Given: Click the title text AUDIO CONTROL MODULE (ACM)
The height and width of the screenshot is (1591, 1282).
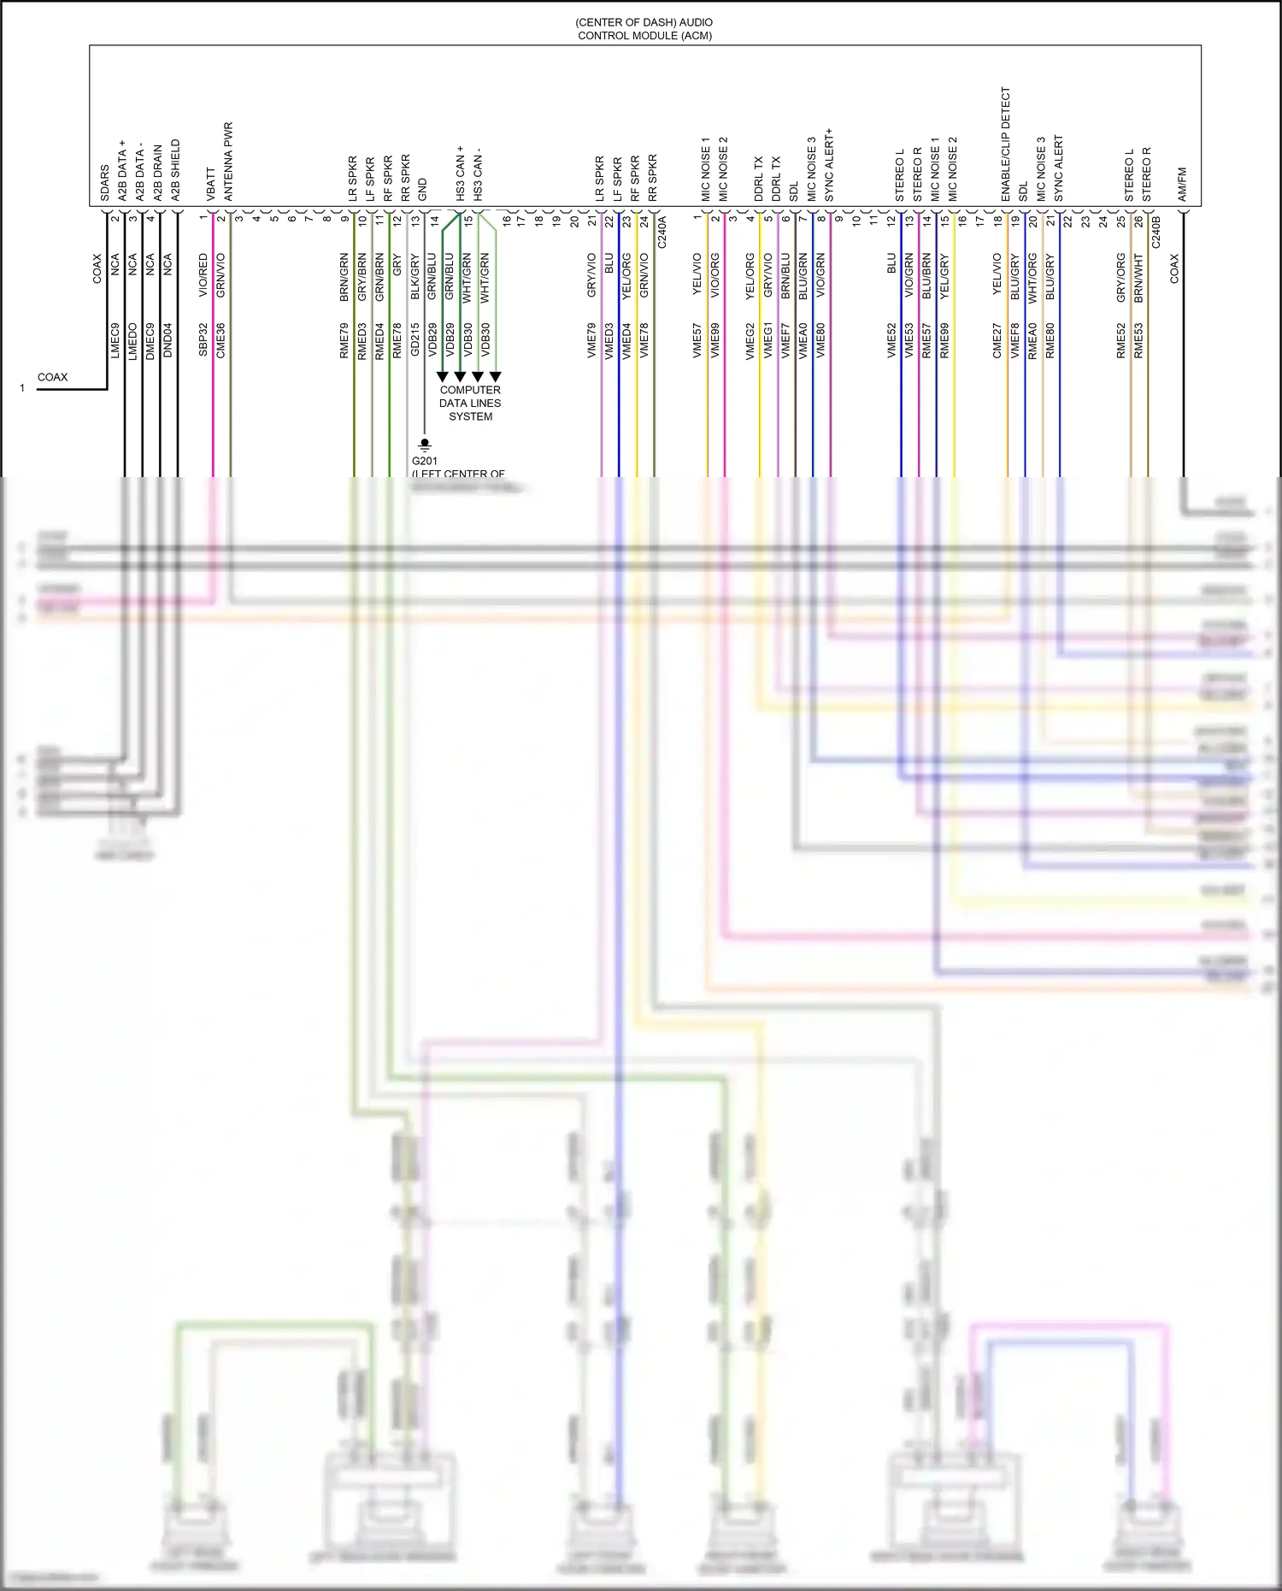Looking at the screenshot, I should click(x=644, y=29).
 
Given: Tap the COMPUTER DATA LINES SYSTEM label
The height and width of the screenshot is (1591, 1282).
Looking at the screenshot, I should click(x=470, y=403).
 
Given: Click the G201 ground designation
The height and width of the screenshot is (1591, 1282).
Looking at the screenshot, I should click(x=425, y=461).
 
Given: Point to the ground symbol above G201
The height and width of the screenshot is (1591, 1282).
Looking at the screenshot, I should click(x=425, y=445).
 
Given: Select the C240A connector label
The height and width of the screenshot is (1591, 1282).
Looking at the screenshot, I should click(x=662, y=232).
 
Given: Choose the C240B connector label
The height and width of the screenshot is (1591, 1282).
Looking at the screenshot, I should click(x=1156, y=232).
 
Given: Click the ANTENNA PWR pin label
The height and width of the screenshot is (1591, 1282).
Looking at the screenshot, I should click(x=228, y=162).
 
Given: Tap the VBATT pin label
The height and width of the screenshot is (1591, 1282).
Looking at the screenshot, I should click(x=211, y=184).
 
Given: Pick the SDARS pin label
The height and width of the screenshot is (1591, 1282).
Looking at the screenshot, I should click(x=105, y=183).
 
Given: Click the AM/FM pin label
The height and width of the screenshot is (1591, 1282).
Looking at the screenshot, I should click(x=1183, y=185).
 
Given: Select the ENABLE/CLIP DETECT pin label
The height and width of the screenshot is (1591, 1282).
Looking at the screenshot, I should click(x=1006, y=144).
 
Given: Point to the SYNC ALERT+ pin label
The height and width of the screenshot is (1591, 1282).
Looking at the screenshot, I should click(x=829, y=165).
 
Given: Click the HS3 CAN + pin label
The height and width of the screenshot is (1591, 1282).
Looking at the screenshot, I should click(x=460, y=173).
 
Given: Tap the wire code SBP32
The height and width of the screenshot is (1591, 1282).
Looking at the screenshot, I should click(x=203, y=339).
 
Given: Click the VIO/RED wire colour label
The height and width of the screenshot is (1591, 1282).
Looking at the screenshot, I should click(x=203, y=275).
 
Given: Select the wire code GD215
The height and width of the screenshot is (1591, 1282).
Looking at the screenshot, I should click(x=415, y=339).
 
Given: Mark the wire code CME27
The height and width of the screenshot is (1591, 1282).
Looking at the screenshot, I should click(x=997, y=339).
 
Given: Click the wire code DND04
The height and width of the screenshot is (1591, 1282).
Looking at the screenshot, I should click(x=168, y=339).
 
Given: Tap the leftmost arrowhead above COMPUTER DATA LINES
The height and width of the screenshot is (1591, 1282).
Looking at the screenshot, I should click(x=443, y=376).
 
